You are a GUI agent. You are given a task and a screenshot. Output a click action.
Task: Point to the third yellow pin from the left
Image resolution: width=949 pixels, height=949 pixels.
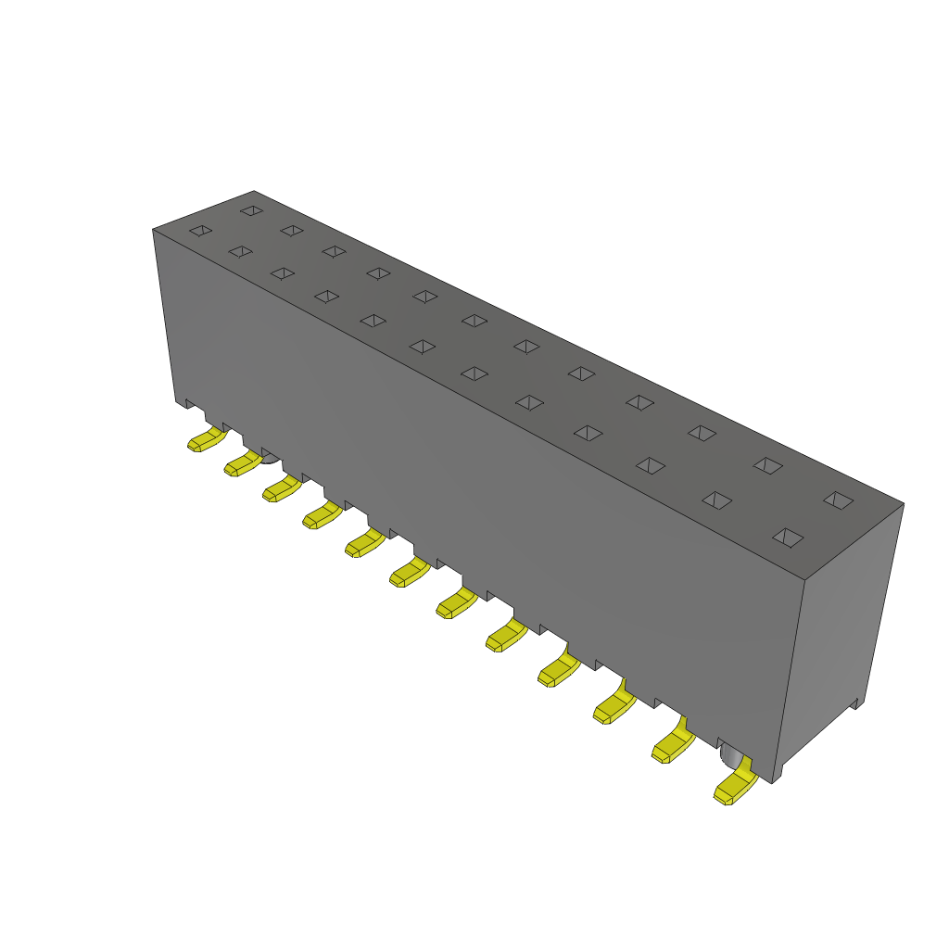pyautogui.click(x=282, y=488)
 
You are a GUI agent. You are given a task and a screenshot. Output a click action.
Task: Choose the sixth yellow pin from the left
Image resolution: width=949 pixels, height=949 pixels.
pyautogui.click(x=408, y=573)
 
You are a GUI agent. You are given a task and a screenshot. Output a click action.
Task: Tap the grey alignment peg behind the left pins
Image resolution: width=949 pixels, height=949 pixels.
pyautogui.click(x=270, y=457)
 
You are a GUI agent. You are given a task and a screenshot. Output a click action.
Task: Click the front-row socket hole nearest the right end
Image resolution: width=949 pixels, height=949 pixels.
pyautogui.click(x=788, y=537)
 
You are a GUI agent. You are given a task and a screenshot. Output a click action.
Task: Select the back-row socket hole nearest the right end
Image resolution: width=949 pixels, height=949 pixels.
pyautogui.click(x=838, y=500)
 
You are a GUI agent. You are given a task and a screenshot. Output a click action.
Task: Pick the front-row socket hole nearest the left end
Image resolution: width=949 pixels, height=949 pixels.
pyautogui.click(x=200, y=230)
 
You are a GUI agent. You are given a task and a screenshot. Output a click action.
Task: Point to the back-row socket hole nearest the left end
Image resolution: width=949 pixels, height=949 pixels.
pyautogui.click(x=251, y=210)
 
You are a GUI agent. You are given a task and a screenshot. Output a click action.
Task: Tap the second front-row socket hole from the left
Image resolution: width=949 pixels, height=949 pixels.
pyautogui.click(x=240, y=251)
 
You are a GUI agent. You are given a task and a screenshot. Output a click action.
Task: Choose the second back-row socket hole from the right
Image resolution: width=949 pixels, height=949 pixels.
pyautogui.click(x=766, y=464)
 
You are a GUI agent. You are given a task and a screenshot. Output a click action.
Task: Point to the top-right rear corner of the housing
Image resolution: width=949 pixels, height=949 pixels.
pyautogui.click(x=903, y=504)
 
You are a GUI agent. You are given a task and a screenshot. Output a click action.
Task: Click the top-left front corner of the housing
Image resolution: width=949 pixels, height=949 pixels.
pyautogui.click(x=153, y=229)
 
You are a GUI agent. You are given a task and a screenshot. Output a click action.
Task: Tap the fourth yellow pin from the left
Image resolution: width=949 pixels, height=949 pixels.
pyautogui.click(x=321, y=514)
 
